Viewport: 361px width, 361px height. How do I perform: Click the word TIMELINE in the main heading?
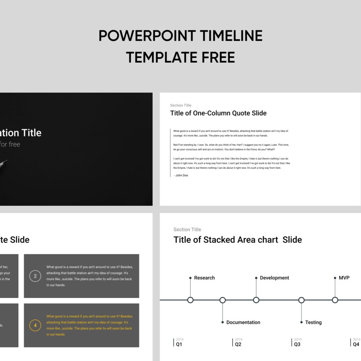[231, 36]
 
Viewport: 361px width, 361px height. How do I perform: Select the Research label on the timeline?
[204, 278]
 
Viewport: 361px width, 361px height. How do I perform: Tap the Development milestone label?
[274, 278]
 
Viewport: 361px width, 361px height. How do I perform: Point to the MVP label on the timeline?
[344, 278]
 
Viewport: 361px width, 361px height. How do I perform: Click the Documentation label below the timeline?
[243, 322]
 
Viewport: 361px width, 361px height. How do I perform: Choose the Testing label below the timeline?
[313, 322]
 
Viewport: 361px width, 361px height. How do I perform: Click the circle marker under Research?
[190, 300]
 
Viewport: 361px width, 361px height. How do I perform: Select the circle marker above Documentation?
[222, 300]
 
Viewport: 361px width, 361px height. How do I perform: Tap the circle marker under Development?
[256, 300]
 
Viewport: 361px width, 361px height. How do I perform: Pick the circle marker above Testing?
[301, 300]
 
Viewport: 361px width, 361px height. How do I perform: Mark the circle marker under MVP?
[335, 300]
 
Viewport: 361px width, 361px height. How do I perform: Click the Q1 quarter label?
[179, 344]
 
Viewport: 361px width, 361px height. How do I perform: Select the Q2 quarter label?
[238, 344]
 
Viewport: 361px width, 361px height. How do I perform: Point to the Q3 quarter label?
[297, 344]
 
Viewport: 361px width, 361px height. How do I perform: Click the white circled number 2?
[35, 276]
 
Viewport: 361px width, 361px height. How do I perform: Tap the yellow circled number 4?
[35, 325]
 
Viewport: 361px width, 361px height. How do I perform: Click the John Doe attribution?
[181, 175]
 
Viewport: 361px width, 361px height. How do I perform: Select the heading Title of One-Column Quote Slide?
[218, 113]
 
